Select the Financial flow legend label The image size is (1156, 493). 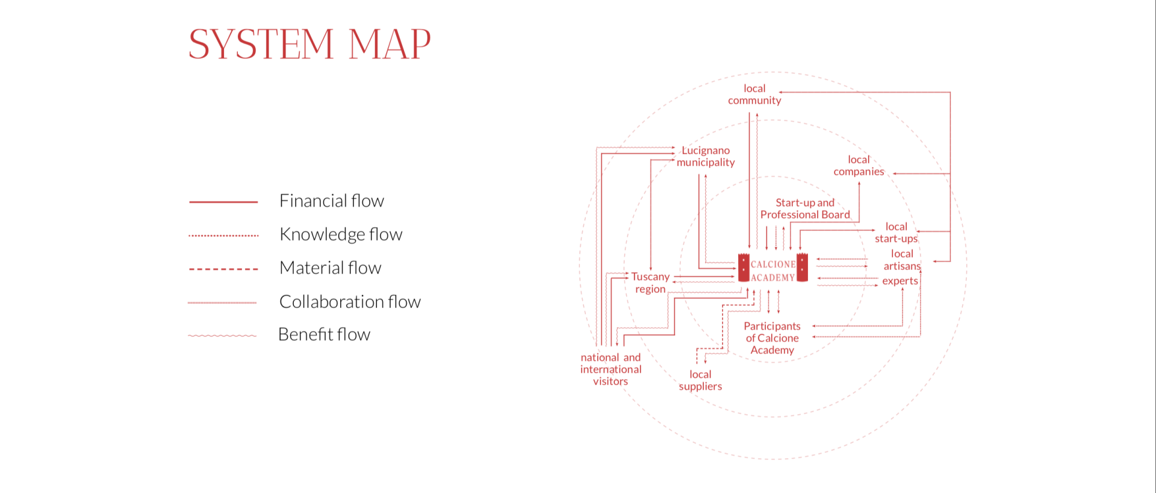pyautogui.click(x=331, y=201)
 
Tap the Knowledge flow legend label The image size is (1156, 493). pyautogui.click(x=341, y=234)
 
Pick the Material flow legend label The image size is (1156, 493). pyautogui.click(x=330, y=268)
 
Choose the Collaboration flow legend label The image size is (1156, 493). pyautogui.click(x=350, y=301)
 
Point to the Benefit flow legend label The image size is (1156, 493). pyautogui.click(x=324, y=334)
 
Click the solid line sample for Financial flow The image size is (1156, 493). pyautogui.click(x=223, y=202)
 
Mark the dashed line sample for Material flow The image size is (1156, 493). pyautogui.click(x=223, y=269)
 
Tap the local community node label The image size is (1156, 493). pyautogui.click(x=754, y=95)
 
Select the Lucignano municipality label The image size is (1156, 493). pyautogui.click(x=706, y=156)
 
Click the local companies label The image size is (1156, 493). pyautogui.click(x=859, y=166)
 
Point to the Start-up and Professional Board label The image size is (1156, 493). pyautogui.click(x=805, y=209)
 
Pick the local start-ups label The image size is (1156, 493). pyautogui.click(x=896, y=233)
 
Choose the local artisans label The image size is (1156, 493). pyautogui.click(x=902, y=260)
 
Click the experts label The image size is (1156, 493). pyautogui.click(x=900, y=281)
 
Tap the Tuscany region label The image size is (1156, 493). pyautogui.click(x=650, y=283)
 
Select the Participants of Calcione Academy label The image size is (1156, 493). pyautogui.click(x=772, y=338)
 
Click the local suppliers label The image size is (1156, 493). pyautogui.click(x=700, y=380)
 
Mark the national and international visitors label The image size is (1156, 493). pyautogui.click(x=611, y=369)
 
